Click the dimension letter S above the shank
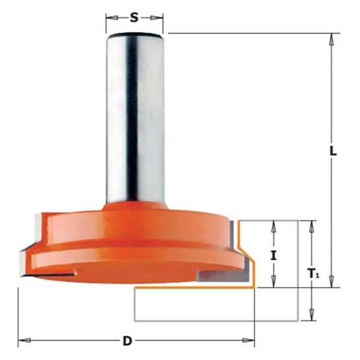(x=134, y=17)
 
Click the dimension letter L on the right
(x=333, y=151)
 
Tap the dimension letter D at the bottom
(x=127, y=341)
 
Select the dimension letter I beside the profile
(x=273, y=256)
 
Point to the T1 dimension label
(x=313, y=274)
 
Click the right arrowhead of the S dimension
(x=157, y=17)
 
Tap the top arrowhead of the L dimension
(x=331, y=40)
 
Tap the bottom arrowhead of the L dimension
(x=331, y=281)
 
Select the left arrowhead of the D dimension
(x=25, y=340)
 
